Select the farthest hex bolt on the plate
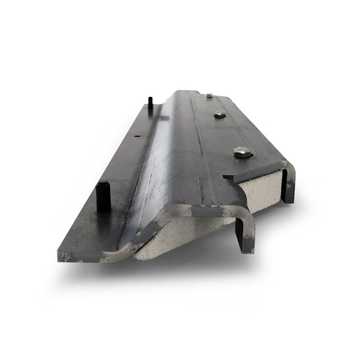coord(209,95)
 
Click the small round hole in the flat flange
coord(137,137)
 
